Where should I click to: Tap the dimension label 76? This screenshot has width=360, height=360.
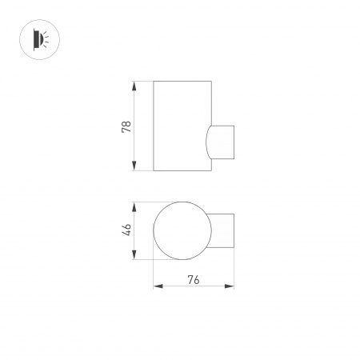tap(193, 279)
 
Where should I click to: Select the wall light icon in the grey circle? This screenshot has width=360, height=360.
tap(36, 38)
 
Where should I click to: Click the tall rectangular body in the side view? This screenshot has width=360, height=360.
tap(180, 126)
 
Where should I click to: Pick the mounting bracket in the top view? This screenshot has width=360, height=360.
tap(223, 231)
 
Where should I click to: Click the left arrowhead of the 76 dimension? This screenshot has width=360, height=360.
tap(156, 286)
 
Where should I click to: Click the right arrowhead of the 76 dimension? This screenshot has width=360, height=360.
tap(231, 286)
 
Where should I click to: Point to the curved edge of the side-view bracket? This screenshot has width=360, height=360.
tap(206, 142)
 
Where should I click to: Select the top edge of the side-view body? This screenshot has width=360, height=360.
tap(182, 81)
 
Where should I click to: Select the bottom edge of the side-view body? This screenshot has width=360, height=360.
tap(182, 171)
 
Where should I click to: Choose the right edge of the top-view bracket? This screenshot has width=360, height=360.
tap(234, 231)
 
